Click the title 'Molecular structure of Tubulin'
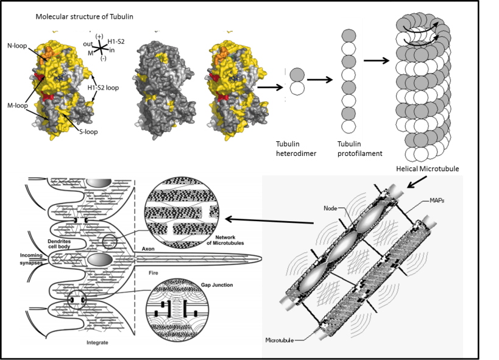pyautogui.click(x=84, y=16)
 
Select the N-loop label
pyautogui.click(x=17, y=46)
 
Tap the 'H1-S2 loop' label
pyautogui.click(x=103, y=88)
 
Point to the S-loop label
pyautogui.click(x=88, y=132)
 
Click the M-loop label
pyautogui.click(x=18, y=105)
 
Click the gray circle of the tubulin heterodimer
pyautogui.click(x=297, y=75)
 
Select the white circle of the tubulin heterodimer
pyautogui.click(x=297, y=88)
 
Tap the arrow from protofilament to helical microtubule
pyautogui.click(x=377, y=60)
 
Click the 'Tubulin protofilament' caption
pyautogui.click(x=360, y=149)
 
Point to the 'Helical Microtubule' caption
pyautogui.click(x=427, y=169)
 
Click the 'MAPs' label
pyautogui.click(x=437, y=200)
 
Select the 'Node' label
pyautogui.click(x=330, y=208)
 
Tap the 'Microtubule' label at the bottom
pyautogui.click(x=280, y=341)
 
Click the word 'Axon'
pyautogui.click(x=148, y=249)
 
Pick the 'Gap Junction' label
pyautogui.click(x=217, y=285)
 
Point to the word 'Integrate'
pyautogui.click(x=97, y=342)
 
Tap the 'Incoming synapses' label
pyautogui.click(x=31, y=259)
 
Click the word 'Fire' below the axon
pyautogui.click(x=153, y=273)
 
